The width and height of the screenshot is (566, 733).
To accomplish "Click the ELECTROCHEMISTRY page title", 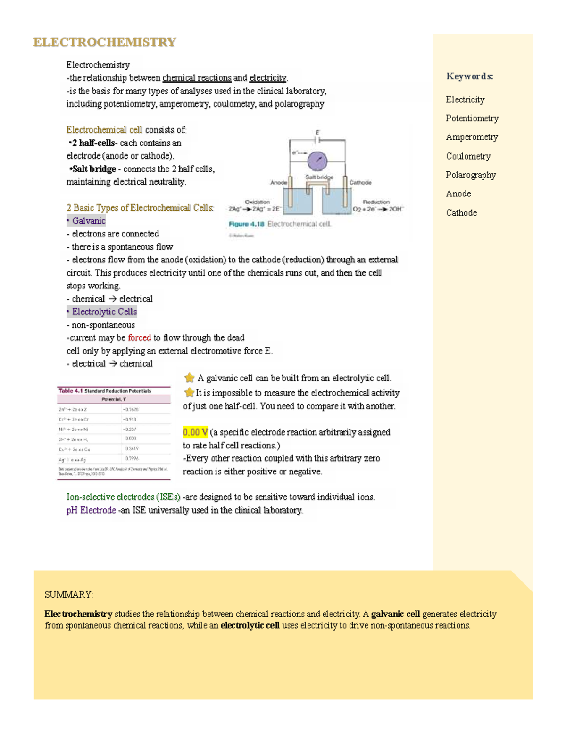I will [x=104, y=42].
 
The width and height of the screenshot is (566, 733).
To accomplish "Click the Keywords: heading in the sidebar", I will [x=469, y=76].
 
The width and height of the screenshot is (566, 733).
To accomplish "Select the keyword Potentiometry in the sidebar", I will [x=472, y=118].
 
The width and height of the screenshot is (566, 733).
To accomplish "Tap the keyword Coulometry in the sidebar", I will [x=468, y=156].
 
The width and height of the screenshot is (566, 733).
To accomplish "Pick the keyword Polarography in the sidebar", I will [x=470, y=175].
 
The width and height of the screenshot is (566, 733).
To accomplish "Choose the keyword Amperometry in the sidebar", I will [x=472, y=137].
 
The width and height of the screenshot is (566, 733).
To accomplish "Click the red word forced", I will [x=139, y=338].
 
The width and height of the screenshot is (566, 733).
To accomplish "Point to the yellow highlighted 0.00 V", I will [x=195, y=432].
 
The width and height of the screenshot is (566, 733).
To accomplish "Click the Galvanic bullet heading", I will [x=88, y=221].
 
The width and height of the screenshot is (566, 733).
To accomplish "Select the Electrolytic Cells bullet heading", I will [x=104, y=312].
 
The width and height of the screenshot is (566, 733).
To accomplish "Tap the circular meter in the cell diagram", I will [x=317, y=161].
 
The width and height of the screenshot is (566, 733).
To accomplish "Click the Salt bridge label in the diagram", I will [x=319, y=177].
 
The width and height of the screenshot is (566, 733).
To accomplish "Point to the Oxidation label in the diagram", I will [x=257, y=202].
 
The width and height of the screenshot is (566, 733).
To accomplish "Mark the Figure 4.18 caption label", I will [x=246, y=224].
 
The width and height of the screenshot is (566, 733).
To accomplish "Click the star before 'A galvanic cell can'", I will [x=189, y=378].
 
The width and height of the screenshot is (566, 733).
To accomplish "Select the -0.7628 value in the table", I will [x=131, y=410].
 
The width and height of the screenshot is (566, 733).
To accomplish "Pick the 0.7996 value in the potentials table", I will [x=132, y=459].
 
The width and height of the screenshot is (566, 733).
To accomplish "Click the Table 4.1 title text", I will [x=105, y=391].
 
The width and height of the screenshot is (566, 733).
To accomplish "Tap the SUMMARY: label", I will [x=69, y=595].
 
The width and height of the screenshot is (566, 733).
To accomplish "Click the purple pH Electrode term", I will [x=91, y=510].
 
